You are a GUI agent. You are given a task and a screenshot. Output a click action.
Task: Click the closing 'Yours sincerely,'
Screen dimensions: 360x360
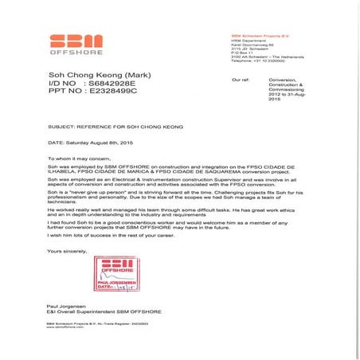(x=68, y=251)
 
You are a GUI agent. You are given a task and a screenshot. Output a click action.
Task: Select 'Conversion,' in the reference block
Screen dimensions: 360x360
(x=288, y=81)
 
